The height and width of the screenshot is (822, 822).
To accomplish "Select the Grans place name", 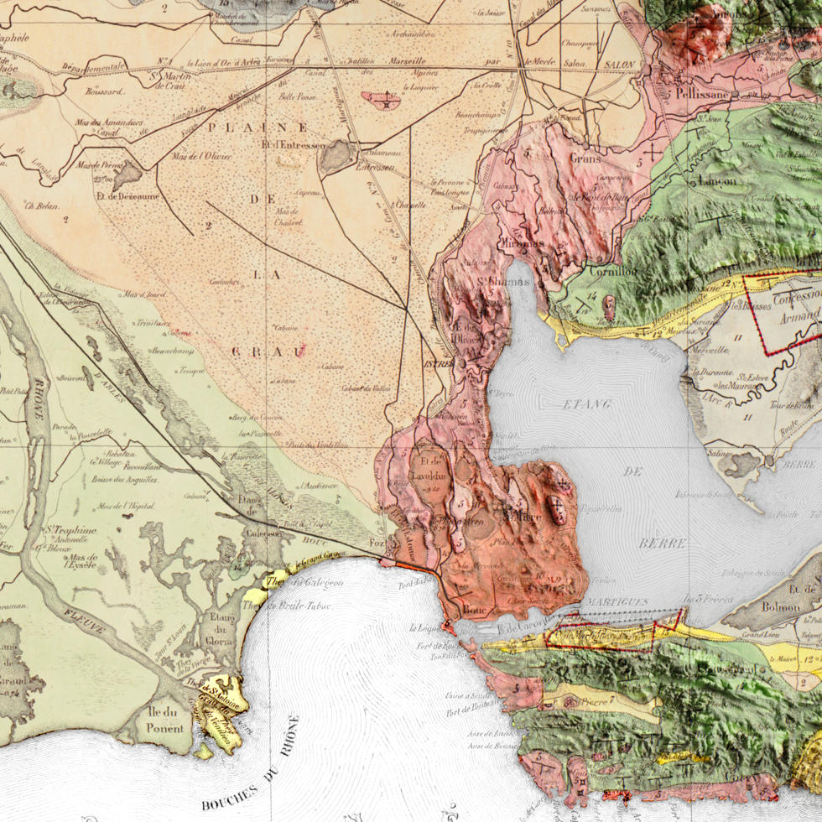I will tap(585, 158).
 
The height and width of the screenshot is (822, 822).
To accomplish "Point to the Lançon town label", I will tap(717, 180).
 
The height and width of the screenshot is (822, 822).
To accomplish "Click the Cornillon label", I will tap(613, 271).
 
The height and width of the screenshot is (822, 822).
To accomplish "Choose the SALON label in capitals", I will tap(621, 65).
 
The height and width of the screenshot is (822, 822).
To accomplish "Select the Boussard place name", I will tap(104, 91).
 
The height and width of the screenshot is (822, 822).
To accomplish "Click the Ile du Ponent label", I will tap(163, 721).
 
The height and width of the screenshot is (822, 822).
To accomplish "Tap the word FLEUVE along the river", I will tap(84, 622).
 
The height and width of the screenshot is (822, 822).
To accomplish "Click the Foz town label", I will tap(377, 544).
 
